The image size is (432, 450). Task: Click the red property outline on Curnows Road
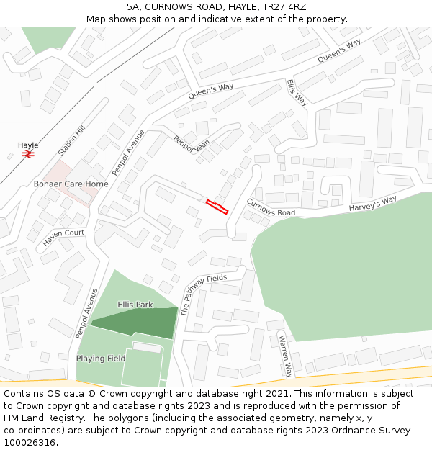[217, 207]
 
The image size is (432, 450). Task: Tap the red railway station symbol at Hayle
[29, 153]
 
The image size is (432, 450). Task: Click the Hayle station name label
[28, 145]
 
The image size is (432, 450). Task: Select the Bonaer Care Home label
[71, 184]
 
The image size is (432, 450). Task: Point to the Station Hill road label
[71, 140]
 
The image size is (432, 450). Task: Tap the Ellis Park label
[135, 305]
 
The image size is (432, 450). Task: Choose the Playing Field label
[101, 359]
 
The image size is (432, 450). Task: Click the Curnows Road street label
[271, 207]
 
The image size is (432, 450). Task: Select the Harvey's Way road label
[373, 204]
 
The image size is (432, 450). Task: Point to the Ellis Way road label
[297, 92]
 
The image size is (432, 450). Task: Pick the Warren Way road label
[286, 356]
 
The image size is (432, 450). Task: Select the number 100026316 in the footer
[29, 442]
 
